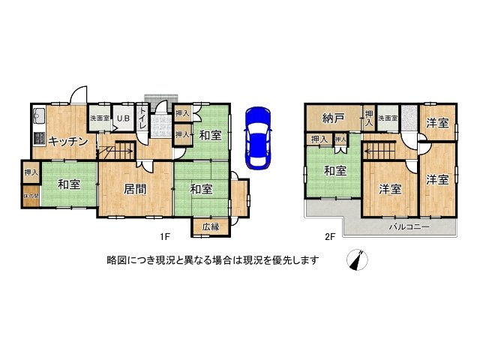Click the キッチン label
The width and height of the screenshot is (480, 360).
(x=69, y=141)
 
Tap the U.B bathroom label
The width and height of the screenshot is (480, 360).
(x=121, y=118)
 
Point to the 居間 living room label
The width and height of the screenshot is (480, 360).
(x=135, y=188)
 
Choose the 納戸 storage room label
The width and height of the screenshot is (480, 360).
(x=332, y=118)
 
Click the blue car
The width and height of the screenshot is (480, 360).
(x=257, y=137)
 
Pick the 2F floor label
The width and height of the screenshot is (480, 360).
(x=329, y=237)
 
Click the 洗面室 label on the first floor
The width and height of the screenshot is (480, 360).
(x=100, y=118)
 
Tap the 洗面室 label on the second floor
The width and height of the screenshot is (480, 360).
(x=387, y=118)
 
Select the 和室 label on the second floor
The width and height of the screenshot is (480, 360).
(x=334, y=171)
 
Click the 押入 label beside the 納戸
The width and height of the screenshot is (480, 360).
(x=368, y=118)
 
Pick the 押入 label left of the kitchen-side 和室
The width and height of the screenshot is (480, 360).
(x=30, y=172)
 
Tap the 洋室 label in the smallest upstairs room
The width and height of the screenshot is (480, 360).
(x=438, y=122)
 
